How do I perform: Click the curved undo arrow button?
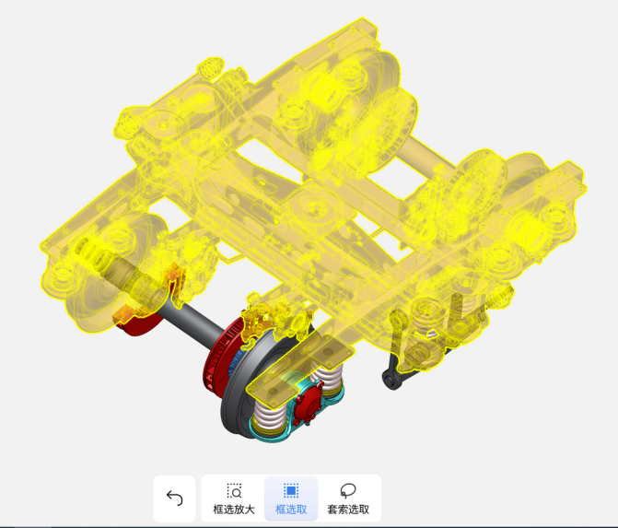(175, 498)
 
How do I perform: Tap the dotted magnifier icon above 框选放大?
(234, 491)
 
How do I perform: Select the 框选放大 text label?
(234, 510)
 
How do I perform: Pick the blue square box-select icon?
(291, 491)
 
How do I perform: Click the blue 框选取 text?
(291, 510)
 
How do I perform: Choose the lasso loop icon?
(348, 491)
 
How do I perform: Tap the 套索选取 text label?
(348, 510)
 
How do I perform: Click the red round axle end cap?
(308, 404)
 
